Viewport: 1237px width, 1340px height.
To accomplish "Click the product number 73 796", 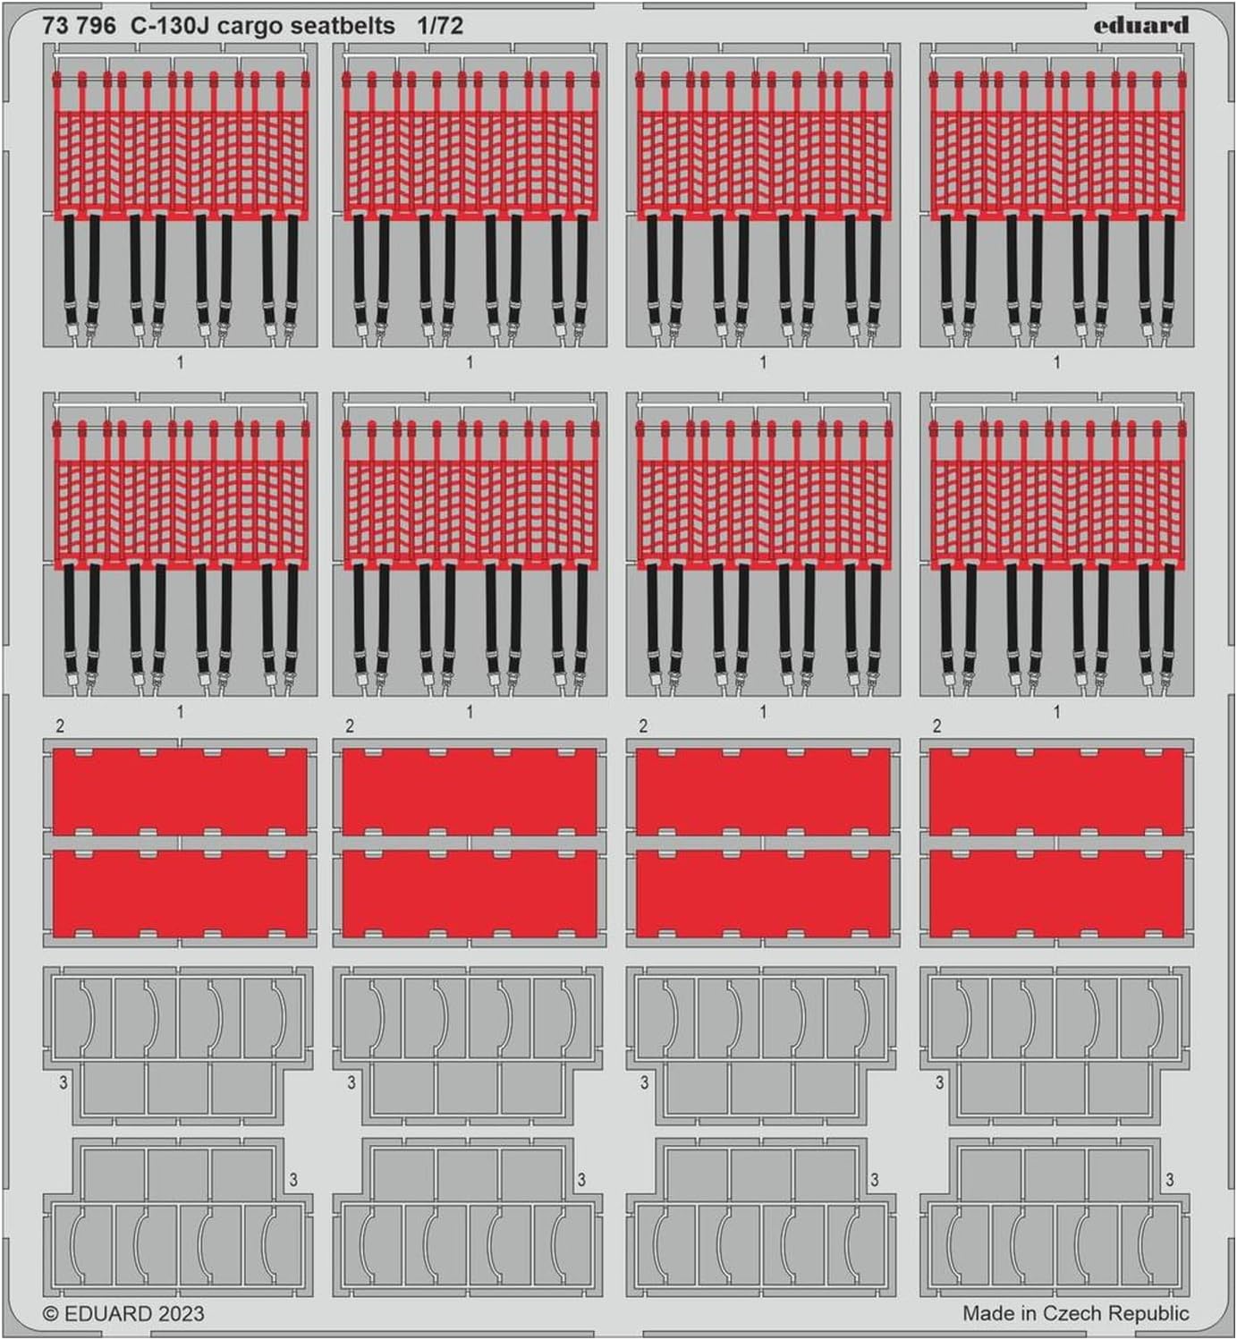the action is point(79,26).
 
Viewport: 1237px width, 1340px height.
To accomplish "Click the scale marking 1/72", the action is point(440,26).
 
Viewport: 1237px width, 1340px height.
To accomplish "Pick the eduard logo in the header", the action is point(1140,26).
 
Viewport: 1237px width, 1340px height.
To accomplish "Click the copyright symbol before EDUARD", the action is point(51,1314).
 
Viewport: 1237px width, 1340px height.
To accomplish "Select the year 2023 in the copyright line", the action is point(182,1314).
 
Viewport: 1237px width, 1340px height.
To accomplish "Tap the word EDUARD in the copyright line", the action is point(108,1314).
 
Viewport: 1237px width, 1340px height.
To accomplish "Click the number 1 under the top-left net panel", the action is point(180,362).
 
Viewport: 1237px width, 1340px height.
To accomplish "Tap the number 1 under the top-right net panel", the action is point(1057,362).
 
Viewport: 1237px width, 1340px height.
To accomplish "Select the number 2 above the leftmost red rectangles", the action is point(61,726).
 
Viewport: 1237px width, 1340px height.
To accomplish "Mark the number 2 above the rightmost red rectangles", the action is point(936,726).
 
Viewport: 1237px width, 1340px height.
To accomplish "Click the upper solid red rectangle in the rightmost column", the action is point(1057,792).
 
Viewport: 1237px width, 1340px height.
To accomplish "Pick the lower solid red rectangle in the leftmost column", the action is point(180,894).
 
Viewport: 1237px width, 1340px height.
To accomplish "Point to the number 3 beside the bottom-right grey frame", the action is point(1170,1179).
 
